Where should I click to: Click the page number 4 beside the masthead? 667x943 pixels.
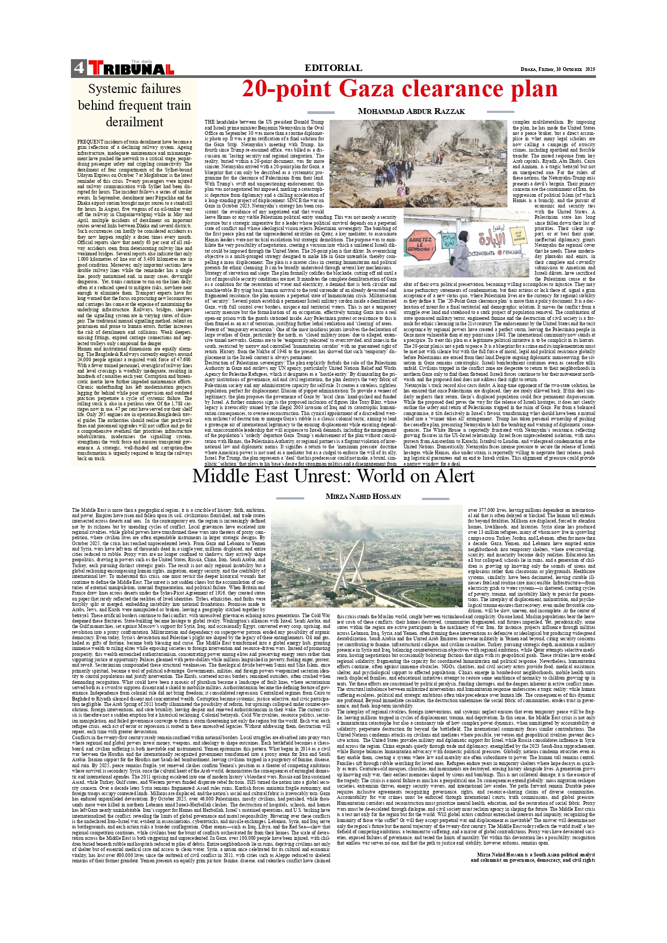point(79,68)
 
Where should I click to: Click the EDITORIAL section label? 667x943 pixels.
point(333,68)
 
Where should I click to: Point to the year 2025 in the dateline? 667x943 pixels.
point(590,69)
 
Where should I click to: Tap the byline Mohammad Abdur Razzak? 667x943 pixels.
point(411,111)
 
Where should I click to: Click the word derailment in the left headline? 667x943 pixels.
point(134,122)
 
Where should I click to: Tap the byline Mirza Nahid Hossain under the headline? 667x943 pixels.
point(363,496)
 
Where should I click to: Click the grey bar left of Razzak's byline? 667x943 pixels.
point(321,112)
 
